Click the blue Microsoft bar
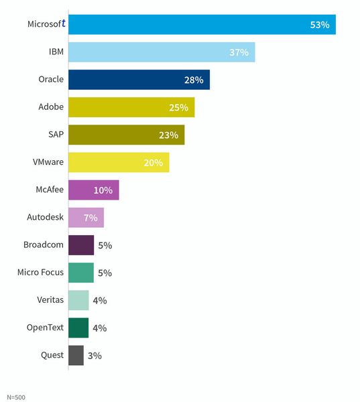click(x=201, y=24)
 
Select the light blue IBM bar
click(x=161, y=52)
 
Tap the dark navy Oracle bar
click(x=138, y=80)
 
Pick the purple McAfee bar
click(x=93, y=190)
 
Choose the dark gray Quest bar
click(x=76, y=355)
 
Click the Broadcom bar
click(x=81, y=245)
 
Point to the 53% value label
click(x=319, y=25)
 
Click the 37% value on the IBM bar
click(x=239, y=52)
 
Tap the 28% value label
click(x=193, y=80)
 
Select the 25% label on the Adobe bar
click(x=178, y=108)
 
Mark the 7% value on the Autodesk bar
click(x=91, y=218)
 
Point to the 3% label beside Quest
click(x=95, y=356)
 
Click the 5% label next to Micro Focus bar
click(x=105, y=273)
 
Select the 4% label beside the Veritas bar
click(x=100, y=301)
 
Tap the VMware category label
click(x=48, y=162)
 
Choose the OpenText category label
click(x=46, y=327)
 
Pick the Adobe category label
click(x=50, y=107)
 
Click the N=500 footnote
click(x=16, y=397)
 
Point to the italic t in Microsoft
click(x=63, y=23)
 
